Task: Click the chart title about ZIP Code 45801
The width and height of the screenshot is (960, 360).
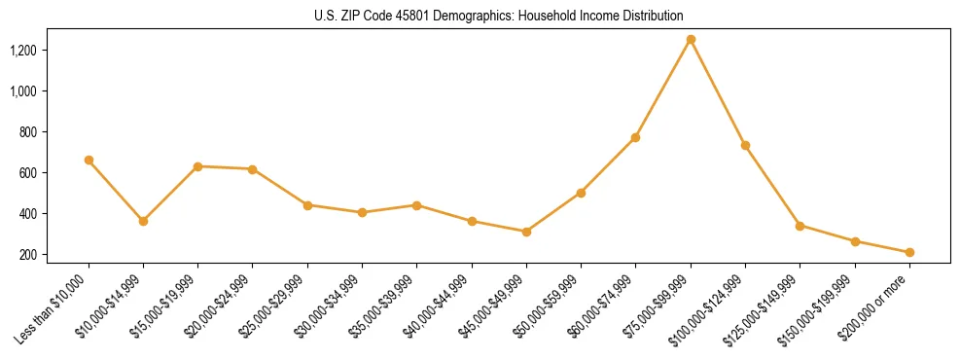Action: coord(499,17)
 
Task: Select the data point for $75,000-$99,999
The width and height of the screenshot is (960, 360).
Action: coord(691,40)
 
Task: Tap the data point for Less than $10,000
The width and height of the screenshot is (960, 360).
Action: coord(89,160)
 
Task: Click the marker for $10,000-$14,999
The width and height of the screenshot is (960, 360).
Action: coord(143,221)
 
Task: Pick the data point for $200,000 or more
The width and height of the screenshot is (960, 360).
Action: coord(909,252)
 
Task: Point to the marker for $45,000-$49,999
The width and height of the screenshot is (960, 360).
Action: coord(526,232)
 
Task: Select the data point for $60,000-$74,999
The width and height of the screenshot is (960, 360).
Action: coord(636,137)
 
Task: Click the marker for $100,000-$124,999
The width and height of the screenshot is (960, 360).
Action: coord(745,145)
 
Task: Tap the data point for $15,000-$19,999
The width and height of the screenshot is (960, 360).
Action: coord(198,166)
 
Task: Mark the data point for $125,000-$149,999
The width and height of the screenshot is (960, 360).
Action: coord(800,226)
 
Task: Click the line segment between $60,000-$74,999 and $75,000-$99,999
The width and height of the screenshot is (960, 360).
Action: coord(663,89)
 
